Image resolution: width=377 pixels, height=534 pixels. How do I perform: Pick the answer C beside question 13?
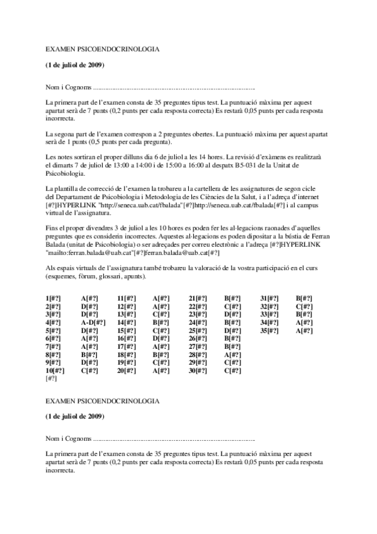click(157, 313)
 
